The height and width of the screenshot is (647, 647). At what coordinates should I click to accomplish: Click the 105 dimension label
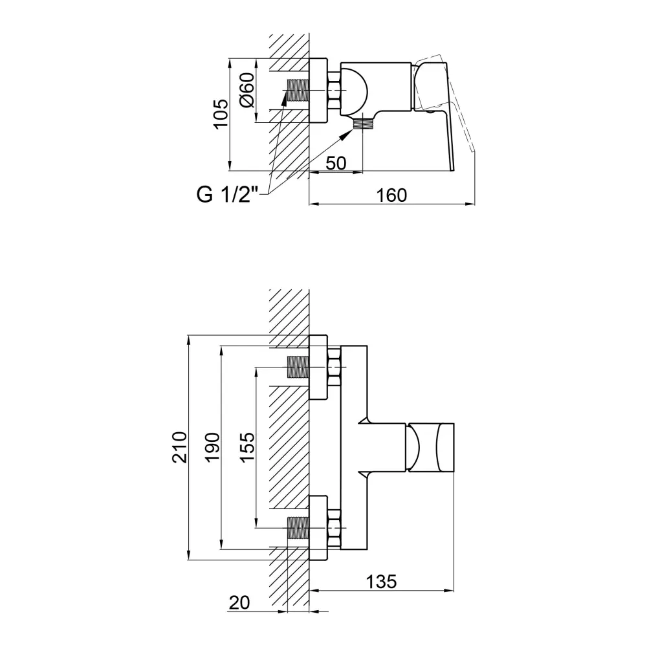coord(221,114)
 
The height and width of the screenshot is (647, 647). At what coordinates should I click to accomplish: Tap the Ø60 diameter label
coord(248,91)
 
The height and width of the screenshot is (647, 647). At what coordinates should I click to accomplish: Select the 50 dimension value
coord(336,164)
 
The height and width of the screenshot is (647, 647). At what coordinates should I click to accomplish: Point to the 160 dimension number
coord(391,195)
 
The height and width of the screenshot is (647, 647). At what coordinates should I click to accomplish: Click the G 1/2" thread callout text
coord(227,195)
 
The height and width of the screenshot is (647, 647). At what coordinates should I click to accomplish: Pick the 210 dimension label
coord(179,447)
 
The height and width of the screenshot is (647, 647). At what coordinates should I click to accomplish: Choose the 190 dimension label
coord(213,447)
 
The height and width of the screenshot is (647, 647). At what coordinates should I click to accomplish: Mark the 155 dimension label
coord(247,447)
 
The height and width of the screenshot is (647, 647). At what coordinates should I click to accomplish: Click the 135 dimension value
coord(381,582)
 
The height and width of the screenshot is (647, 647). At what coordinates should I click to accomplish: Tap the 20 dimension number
coord(239,603)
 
